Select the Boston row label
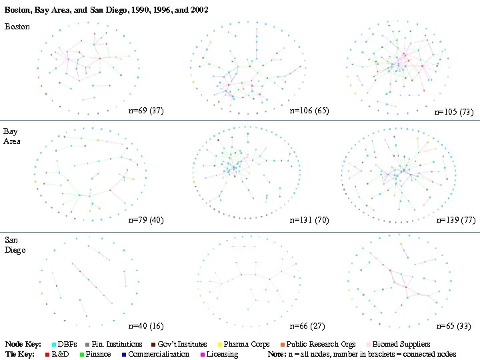[x=17, y=27]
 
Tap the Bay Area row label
[x=12, y=136]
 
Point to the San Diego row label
[x=15, y=245]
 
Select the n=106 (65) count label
[x=309, y=111]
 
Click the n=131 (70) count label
[x=309, y=219]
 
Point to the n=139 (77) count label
[x=455, y=219]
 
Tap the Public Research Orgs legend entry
[x=321, y=345]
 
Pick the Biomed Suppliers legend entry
[x=401, y=345]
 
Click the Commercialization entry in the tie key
[x=159, y=354]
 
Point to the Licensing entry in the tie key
[x=222, y=354]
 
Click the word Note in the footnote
[x=277, y=354]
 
